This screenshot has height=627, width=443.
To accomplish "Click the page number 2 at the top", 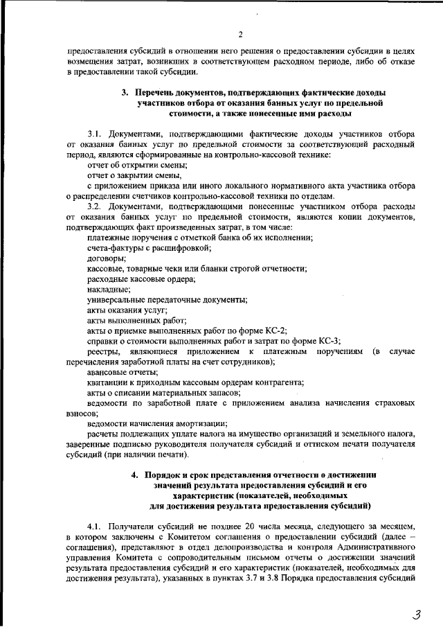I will coord(240,35).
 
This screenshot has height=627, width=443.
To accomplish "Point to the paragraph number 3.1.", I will coord(96,132).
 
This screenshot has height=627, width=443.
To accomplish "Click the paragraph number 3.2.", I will coord(96,206).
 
